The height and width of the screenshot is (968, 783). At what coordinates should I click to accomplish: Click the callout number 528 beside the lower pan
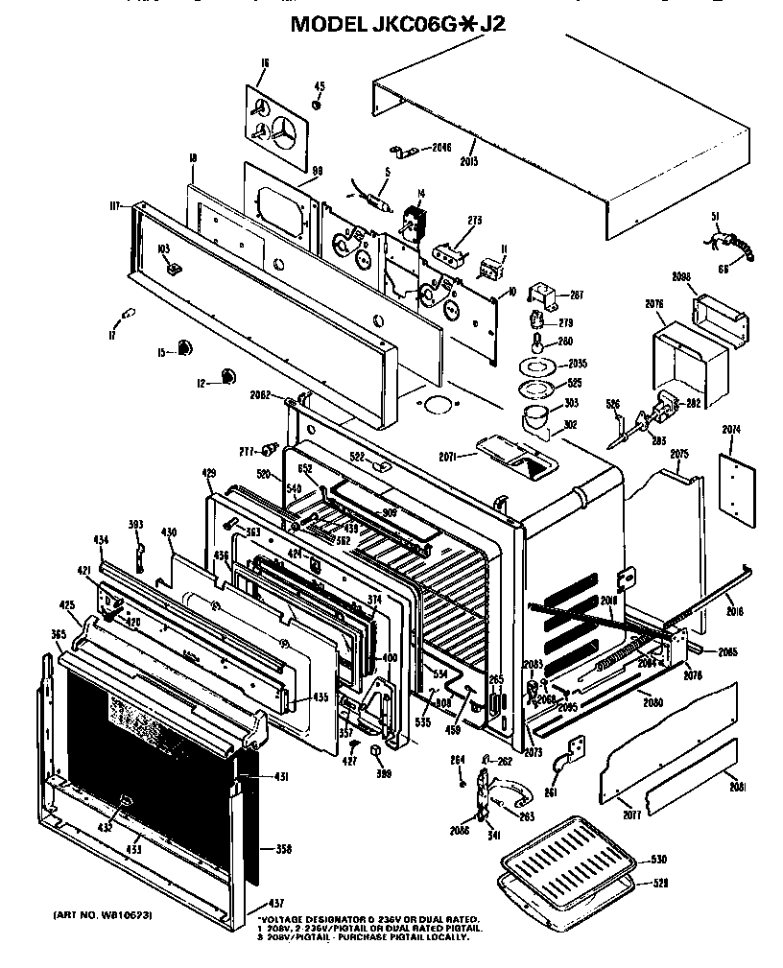pos(658,882)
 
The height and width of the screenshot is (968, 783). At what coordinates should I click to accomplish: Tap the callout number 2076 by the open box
pos(654,304)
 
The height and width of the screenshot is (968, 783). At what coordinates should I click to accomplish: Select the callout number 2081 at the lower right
pos(737,786)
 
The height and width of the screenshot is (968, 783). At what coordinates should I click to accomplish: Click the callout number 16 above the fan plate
pos(263,63)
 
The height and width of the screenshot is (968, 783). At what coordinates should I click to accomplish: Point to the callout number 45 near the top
pos(320,86)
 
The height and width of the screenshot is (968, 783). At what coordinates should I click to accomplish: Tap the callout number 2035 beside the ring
pos(578,364)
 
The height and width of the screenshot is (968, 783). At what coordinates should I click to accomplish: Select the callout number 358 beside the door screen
pos(283,848)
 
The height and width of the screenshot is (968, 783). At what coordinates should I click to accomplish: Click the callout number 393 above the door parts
pos(135,524)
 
